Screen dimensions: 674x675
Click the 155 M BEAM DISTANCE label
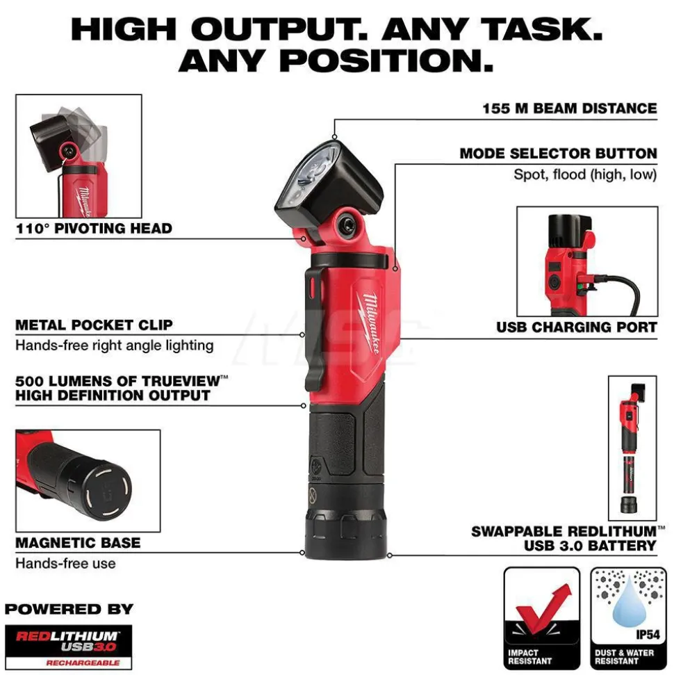[569, 108]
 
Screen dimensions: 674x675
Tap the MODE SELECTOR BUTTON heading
[558, 153]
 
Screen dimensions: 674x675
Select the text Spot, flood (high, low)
[585, 174]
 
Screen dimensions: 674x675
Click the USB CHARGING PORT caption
[576, 327]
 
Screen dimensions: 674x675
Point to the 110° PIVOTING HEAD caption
[94, 228]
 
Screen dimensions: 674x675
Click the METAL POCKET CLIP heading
[94, 325]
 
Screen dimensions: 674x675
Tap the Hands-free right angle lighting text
[115, 345]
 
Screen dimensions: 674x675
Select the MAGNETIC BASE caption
[78, 542]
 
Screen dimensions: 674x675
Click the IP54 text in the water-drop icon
[648, 635]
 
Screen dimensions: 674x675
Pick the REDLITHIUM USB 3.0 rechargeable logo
[68, 646]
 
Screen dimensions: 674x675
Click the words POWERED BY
[69, 609]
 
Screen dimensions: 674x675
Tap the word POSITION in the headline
[386, 60]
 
